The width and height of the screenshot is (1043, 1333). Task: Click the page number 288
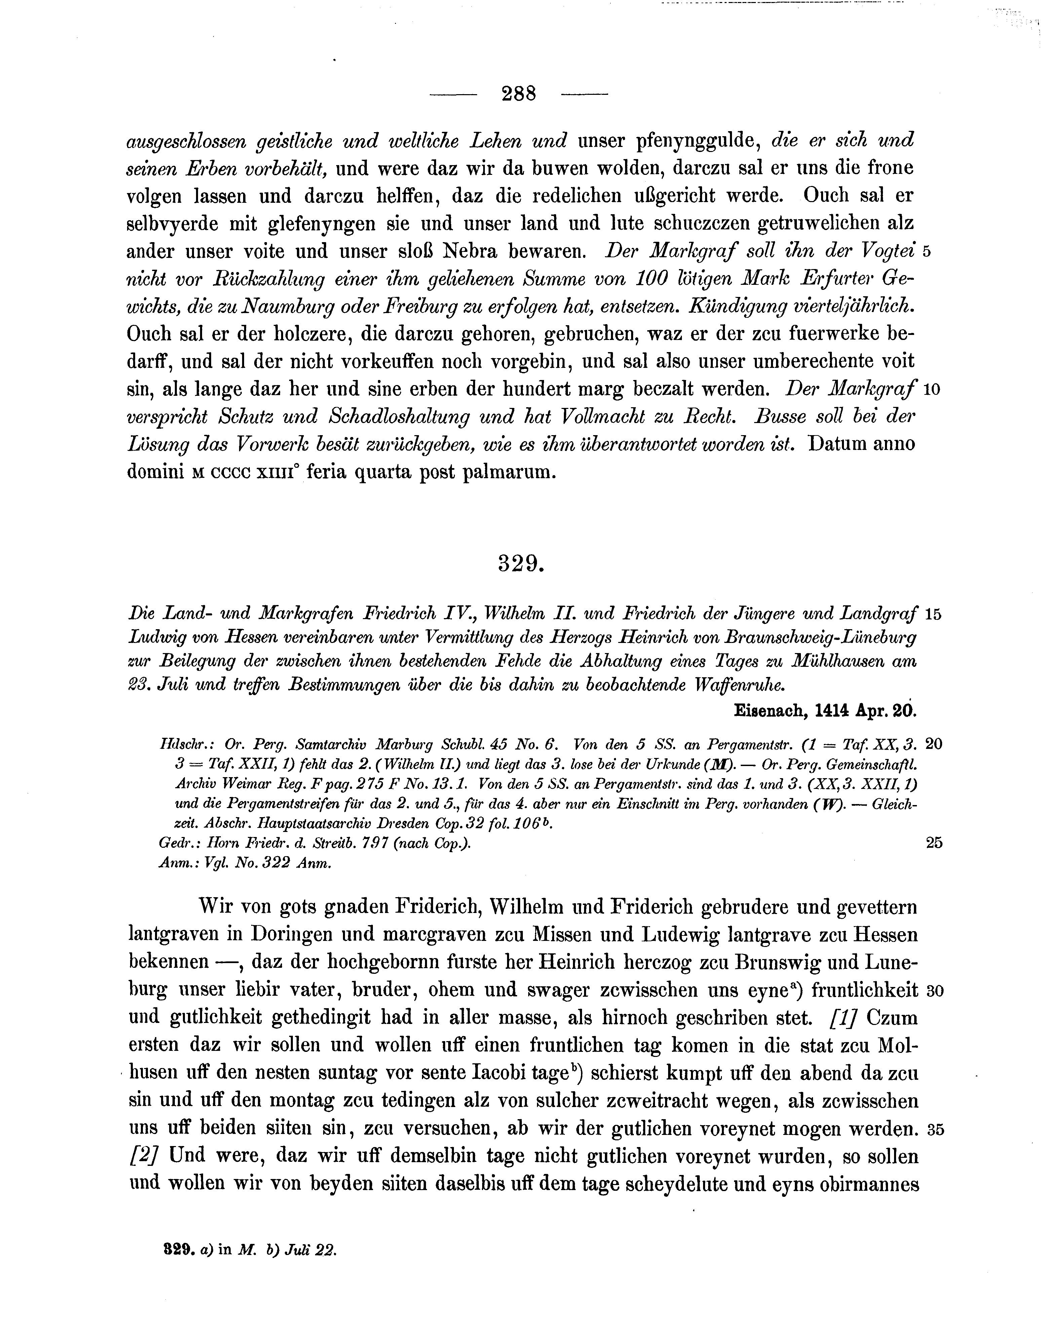click(x=518, y=93)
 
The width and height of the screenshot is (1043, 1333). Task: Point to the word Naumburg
click(x=287, y=307)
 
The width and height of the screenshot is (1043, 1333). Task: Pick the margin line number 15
click(x=933, y=614)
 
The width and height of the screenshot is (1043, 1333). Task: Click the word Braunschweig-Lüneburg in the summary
click(x=820, y=638)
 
